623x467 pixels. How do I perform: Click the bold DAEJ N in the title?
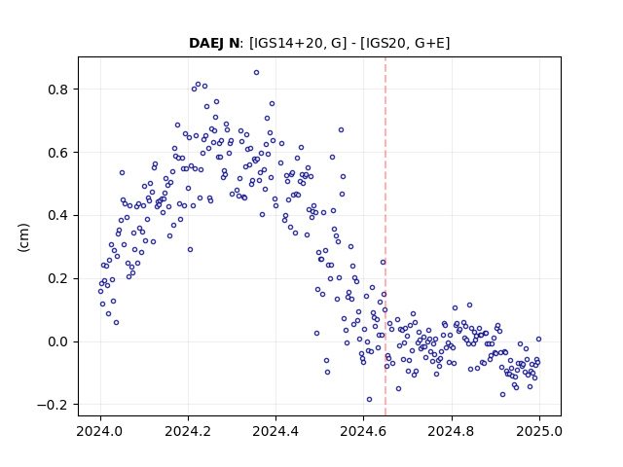pyautogui.click(x=214, y=43)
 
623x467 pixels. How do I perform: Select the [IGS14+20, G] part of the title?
pyautogui.click(x=295, y=43)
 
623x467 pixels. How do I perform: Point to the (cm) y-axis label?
pyautogui.click(x=23, y=237)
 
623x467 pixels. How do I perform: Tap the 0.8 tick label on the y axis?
pyautogui.click(x=58, y=90)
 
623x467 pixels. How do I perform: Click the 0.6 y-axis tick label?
pyautogui.click(x=58, y=153)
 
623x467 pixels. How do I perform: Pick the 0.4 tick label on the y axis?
pyautogui.click(x=58, y=216)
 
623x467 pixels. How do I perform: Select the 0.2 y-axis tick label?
pyautogui.click(x=58, y=279)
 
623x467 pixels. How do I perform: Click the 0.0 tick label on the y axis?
pyautogui.click(x=58, y=341)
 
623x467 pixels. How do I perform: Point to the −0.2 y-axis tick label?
pyautogui.click(x=53, y=405)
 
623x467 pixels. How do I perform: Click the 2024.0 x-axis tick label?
pyautogui.click(x=100, y=431)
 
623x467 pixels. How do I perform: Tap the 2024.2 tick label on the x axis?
pyautogui.click(x=188, y=431)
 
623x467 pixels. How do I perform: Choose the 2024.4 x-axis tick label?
pyautogui.click(x=275, y=431)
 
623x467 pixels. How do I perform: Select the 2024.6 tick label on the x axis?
pyautogui.click(x=363, y=431)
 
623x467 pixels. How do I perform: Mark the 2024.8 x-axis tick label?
pyautogui.click(x=452, y=431)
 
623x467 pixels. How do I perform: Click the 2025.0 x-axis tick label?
pyautogui.click(x=539, y=431)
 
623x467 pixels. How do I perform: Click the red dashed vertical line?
pyautogui.click(x=385, y=236)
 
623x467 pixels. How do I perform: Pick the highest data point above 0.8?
pyautogui.click(x=257, y=73)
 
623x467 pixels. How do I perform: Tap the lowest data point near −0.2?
pyautogui.click(x=370, y=400)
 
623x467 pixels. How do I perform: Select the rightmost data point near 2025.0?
pyautogui.click(x=538, y=340)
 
